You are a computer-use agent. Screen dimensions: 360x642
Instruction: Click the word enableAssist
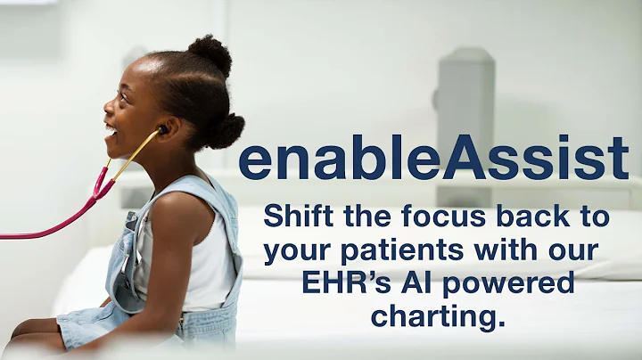point(433,160)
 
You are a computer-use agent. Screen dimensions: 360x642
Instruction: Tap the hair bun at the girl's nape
point(226,130)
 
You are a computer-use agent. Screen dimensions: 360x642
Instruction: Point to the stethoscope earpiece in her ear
point(161,132)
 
